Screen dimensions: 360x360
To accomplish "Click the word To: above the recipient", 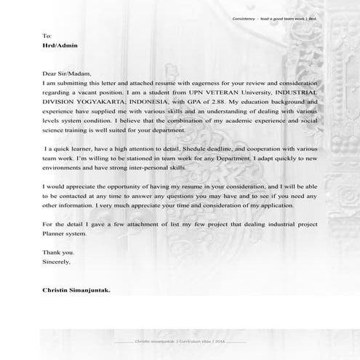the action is pos(47,35).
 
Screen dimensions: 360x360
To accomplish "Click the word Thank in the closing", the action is pos(52,251).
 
